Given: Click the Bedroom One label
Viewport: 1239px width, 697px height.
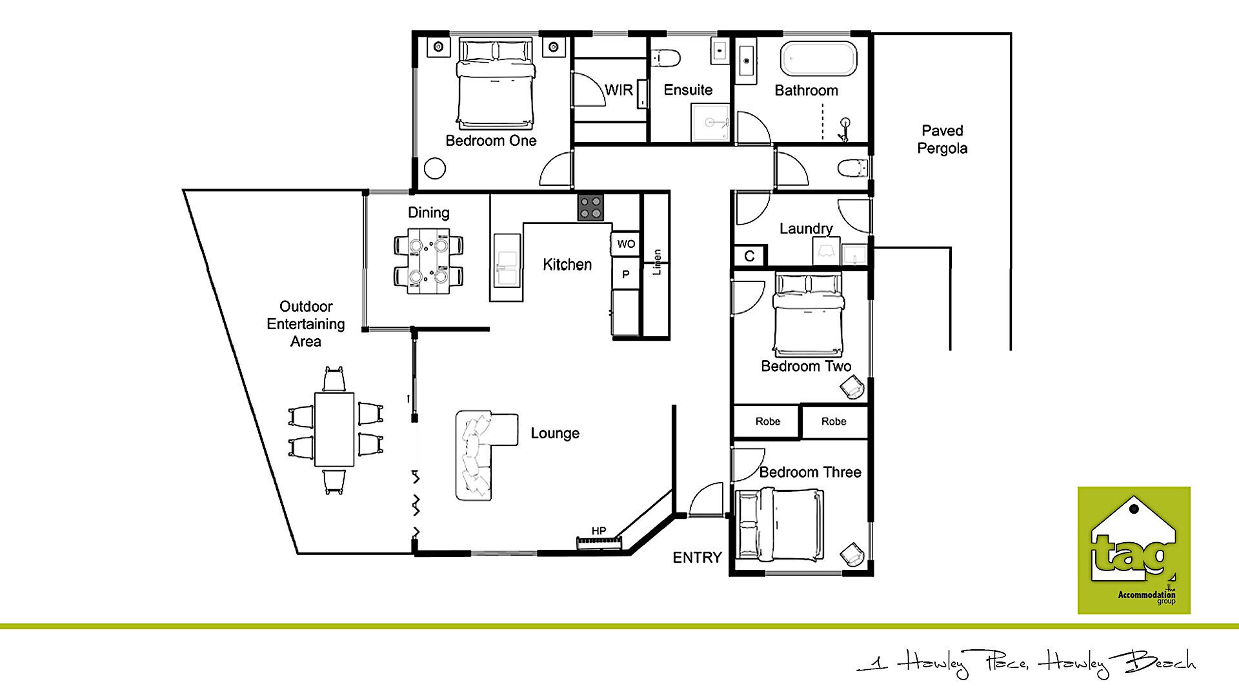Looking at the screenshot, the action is tap(491, 141).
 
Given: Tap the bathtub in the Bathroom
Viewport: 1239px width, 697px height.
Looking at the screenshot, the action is tap(819, 59).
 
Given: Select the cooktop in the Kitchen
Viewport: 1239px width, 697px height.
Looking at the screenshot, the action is tap(591, 208).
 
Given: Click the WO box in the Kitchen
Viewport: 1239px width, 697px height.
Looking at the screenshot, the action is tap(625, 244).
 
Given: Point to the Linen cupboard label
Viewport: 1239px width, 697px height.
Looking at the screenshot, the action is tap(657, 262).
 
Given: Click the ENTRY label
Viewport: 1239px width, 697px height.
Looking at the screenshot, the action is tap(697, 558).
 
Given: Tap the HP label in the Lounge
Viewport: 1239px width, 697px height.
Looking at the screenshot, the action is tap(599, 531).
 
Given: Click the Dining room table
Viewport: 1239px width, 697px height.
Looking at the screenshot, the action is tap(428, 261).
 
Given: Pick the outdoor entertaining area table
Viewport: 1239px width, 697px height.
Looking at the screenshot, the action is tap(334, 429).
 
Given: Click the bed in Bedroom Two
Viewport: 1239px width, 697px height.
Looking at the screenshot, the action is tap(808, 315).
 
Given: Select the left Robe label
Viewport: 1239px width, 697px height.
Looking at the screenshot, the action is tap(768, 421).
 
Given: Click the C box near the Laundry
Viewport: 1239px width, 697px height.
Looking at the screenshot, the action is tap(749, 256).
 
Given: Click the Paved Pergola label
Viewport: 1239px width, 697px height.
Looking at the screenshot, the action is tap(942, 139).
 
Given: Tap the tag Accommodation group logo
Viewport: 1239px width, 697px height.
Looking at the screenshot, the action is tap(1134, 551).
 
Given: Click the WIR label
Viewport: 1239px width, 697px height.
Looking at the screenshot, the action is tap(618, 90).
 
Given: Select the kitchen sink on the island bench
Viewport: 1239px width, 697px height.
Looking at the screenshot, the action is tap(507, 260).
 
